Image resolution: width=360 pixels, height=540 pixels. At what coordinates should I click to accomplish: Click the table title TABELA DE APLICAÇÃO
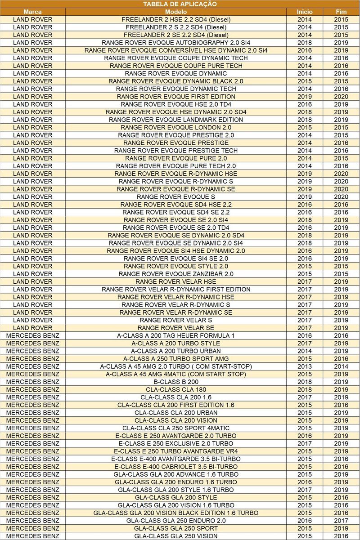tap(180, 4)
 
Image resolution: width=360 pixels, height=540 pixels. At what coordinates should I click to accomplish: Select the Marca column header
tap(32, 12)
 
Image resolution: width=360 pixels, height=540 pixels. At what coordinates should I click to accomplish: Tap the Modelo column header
tap(176, 12)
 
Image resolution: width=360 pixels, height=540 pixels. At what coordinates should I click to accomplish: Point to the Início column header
tap(304, 12)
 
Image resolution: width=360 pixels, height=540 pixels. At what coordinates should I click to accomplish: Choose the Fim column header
tap(341, 12)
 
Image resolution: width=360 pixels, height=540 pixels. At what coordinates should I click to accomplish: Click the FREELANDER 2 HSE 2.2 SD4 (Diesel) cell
tap(176, 19)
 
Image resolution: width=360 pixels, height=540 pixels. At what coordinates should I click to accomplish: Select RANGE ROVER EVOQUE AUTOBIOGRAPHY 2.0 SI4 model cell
tap(176, 43)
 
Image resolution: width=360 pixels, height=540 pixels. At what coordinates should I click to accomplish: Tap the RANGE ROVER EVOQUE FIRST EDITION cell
tap(176, 97)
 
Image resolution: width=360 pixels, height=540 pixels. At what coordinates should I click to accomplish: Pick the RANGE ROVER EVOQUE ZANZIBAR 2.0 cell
tap(176, 274)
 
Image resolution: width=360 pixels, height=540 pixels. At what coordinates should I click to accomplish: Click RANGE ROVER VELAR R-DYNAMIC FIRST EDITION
tap(176, 289)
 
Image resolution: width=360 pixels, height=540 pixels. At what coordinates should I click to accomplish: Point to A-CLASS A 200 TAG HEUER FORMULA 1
tap(176, 335)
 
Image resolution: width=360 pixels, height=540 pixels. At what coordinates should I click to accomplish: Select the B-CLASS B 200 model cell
tap(176, 382)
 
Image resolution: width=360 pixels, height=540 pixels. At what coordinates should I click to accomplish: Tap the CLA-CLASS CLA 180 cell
tap(176, 389)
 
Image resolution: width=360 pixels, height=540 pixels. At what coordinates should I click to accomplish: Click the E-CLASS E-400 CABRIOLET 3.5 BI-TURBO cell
tap(176, 467)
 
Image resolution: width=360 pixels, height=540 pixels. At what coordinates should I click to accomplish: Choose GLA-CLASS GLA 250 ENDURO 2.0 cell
tap(176, 521)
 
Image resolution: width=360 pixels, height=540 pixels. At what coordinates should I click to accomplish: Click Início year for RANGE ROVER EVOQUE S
tap(304, 197)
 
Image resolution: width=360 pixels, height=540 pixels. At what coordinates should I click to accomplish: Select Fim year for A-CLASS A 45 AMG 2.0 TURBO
tap(341, 366)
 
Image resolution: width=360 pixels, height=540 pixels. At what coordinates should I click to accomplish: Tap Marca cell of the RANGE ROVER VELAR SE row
tap(32, 328)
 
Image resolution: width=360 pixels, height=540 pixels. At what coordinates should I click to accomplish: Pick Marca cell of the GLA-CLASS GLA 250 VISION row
tap(32, 536)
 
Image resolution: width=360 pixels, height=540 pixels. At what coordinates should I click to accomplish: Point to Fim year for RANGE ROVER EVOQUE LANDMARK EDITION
tap(341, 120)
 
